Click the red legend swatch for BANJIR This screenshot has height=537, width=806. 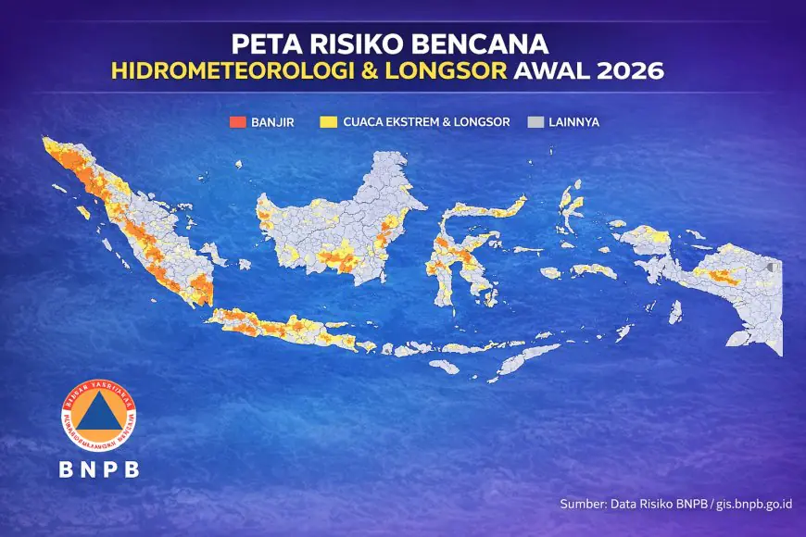point(239,121)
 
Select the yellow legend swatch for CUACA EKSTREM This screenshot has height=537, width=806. point(328,121)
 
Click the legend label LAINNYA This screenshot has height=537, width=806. point(573,121)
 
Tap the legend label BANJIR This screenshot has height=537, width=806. point(272,121)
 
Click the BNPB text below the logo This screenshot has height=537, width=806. point(100,469)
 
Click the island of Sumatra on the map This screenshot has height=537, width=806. point(139,222)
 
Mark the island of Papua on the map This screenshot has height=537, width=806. point(732,287)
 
